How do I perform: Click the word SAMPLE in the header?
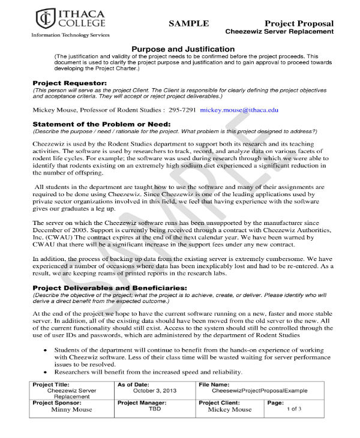(x=188, y=23)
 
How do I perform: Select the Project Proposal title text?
(x=299, y=23)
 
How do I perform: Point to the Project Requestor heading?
(x=70, y=82)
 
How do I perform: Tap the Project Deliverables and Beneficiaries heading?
(x=109, y=287)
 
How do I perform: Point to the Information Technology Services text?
(x=70, y=35)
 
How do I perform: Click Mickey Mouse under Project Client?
(x=229, y=410)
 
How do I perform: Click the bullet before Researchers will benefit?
(x=47, y=372)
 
